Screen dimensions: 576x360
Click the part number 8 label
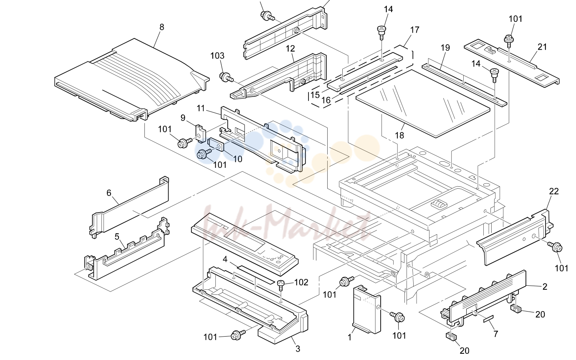click(162, 27)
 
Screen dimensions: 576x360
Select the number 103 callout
click(217, 56)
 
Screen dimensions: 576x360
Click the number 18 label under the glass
click(399, 135)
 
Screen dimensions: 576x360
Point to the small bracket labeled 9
click(201, 133)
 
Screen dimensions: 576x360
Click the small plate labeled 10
click(216, 145)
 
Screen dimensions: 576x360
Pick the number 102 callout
click(301, 282)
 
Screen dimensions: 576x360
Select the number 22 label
click(554, 191)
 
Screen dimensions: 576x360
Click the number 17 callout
click(414, 30)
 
